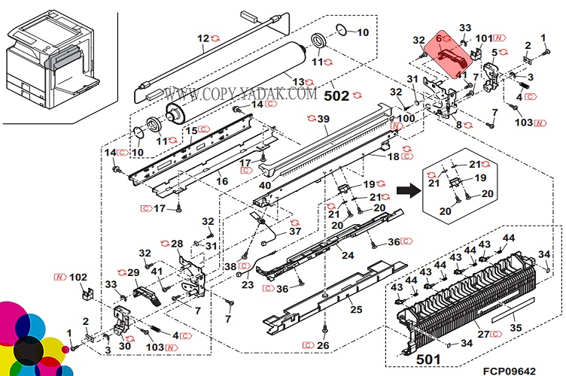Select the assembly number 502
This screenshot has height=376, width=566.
click(x=337, y=97)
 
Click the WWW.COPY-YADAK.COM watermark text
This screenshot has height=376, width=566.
click(x=241, y=95)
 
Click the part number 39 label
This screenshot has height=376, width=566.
click(x=324, y=119)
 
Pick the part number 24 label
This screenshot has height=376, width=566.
click(x=348, y=255)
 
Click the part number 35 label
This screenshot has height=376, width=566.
click(x=514, y=327)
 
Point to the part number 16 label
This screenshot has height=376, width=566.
click(x=223, y=181)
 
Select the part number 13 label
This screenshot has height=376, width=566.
click(x=299, y=82)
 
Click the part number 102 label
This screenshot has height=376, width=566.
click(x=78, y=277)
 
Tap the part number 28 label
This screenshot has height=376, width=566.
click(x=177, y=244)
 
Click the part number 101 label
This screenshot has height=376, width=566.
click(x=483, y=38)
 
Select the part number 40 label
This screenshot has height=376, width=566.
click(x=265, y=186)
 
